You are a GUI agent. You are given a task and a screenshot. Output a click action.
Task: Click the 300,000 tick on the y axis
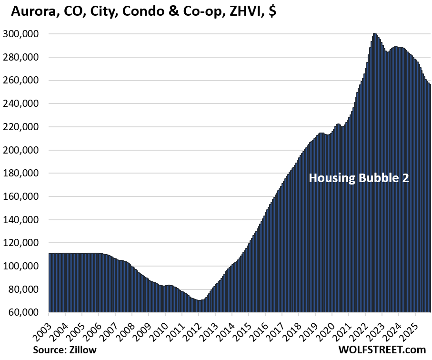click(24, 34)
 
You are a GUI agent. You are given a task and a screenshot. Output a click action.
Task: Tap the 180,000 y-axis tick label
click(24, 174)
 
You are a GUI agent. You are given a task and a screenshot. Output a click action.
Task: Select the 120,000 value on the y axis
click(24, 243)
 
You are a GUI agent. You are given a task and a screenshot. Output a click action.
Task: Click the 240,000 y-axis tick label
click(24, 104)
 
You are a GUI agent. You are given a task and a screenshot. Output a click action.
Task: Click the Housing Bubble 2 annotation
click(359, 178)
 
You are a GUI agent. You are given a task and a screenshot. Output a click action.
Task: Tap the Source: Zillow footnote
click(65, 350)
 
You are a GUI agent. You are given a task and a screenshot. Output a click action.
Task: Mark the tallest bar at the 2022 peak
click(374, 172)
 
